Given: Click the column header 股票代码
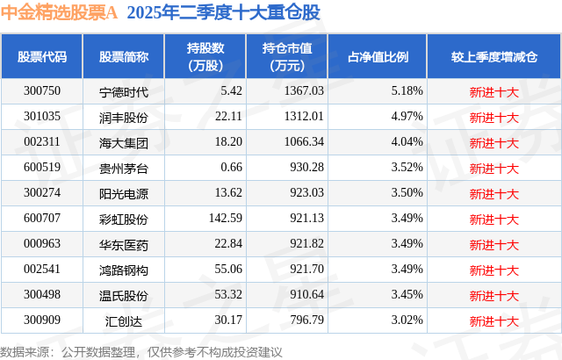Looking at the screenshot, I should click(x=41, y=56).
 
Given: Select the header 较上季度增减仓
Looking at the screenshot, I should click(x=494, y=56).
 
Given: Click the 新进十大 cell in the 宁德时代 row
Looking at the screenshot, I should click(x=494, y=90).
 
